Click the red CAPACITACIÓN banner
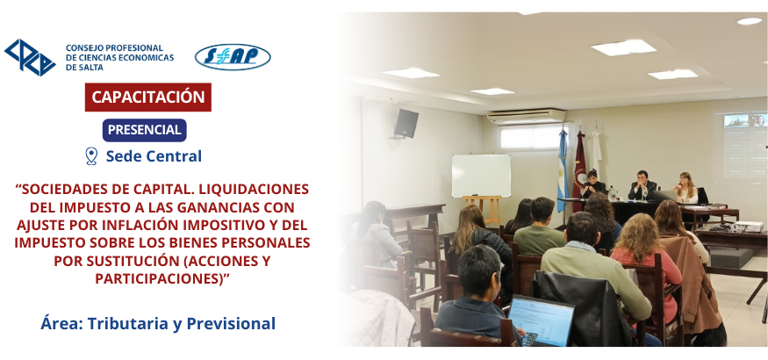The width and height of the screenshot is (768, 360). click(x=148, y=97)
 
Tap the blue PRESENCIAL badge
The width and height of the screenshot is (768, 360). click(x=145, y=130)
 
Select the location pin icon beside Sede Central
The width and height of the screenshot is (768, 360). click(x=91, y=156)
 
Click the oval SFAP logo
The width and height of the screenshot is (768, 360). click(x=233, y=57)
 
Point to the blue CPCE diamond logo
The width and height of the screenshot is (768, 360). click(x=30, y=57)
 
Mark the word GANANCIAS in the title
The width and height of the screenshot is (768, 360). click(x=209, y=208)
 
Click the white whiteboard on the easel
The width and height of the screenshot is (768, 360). click(x=481, y=176)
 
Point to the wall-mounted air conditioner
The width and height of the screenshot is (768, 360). click(x=527, y=117)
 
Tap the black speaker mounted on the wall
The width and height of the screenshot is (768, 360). click(x=406, y=124)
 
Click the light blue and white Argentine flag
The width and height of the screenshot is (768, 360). click(x=563, y=170)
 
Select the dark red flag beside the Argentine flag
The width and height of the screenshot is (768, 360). click(x=580, y=170)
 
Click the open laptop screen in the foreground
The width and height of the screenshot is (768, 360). click(x=542, y=320)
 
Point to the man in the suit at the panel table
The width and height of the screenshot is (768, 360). click(x=642, y=185)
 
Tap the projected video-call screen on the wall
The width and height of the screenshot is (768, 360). click(x=744, y=146)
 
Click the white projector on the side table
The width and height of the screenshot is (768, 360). click(x=748, y=226)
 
